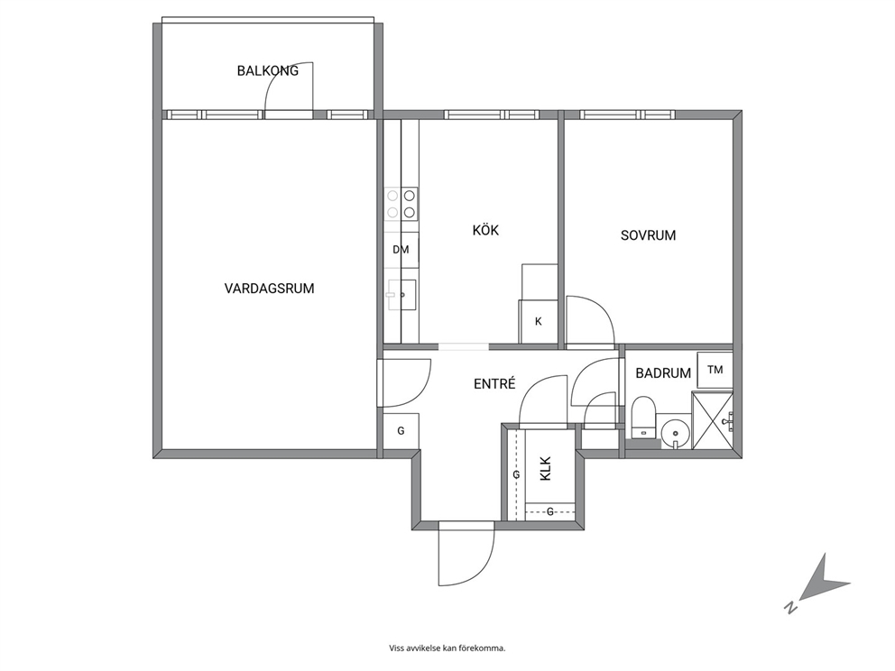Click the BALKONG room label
pos(268,70)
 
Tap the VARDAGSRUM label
pos(270,288)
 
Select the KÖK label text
pos(485,230)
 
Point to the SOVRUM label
pos(649,235)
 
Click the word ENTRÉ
pos(495,383)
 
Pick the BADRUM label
pos(663,373)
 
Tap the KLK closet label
pos(546,468)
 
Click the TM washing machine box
pos(715,370)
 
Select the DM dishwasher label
pos(401,249)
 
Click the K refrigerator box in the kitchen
pos(538,322)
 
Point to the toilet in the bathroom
pos(644,417)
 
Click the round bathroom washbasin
pos(675,433)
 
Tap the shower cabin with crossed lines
pos(712,420)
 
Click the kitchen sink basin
pos(401,294)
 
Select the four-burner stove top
pos(401,204)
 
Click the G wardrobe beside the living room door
pos(401,430)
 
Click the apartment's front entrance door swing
pos(466,554)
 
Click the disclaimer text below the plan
pos(447,648)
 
